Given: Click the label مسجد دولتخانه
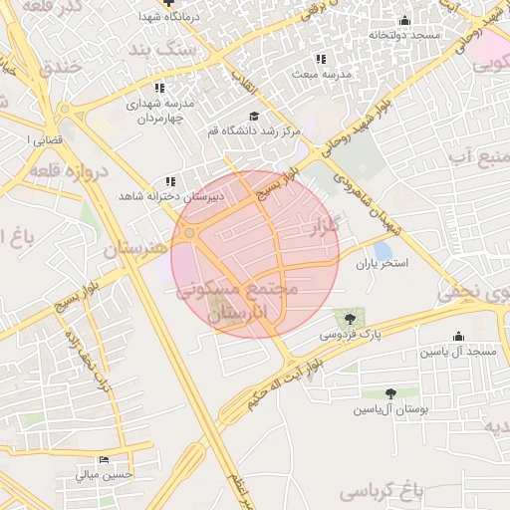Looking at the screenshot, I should (403, 35).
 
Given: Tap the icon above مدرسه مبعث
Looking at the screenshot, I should (320, 59).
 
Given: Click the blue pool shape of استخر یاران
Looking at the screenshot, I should (382, 250).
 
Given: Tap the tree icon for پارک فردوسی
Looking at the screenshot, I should (349, 319).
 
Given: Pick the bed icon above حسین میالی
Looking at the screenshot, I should (103, 459).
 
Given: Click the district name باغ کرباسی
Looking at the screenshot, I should (381, 491).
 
